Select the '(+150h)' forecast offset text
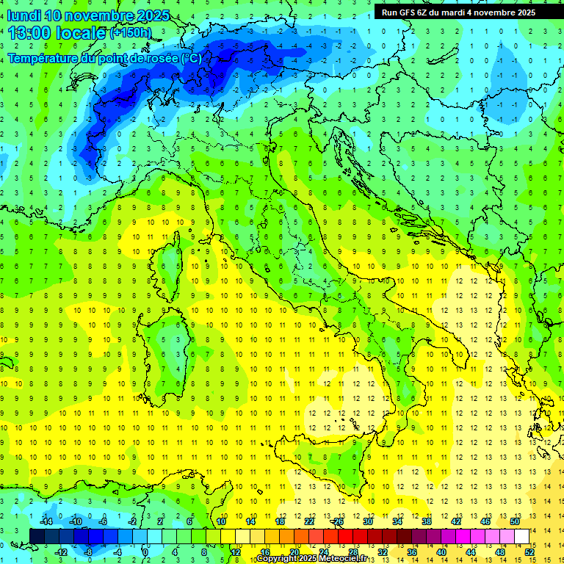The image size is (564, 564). (x=131, y=33)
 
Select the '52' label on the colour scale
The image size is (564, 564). (x=529, y=552)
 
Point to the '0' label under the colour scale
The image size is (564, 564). (x=146, y=552)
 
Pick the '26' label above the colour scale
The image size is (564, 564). (x=339, y=521)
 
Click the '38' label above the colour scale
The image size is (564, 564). (x=427, y=521)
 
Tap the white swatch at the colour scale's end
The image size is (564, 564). (x=521, y=537)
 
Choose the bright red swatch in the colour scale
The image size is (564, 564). (x=345, y=537)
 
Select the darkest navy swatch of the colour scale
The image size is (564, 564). (x=37, y=537)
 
